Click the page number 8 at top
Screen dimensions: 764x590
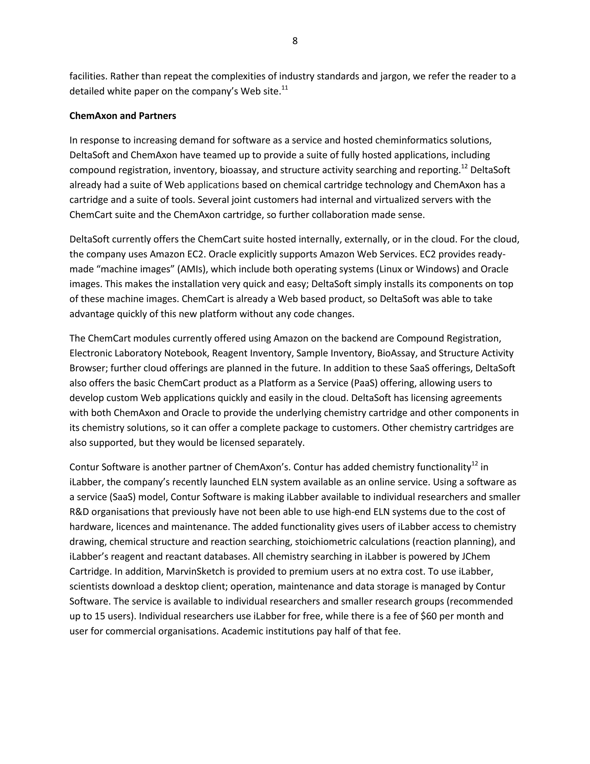[295, 41]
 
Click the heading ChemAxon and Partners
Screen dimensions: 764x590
[123, 116]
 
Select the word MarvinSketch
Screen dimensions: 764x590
[195, 572]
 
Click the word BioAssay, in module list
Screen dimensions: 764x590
[397, 353]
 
